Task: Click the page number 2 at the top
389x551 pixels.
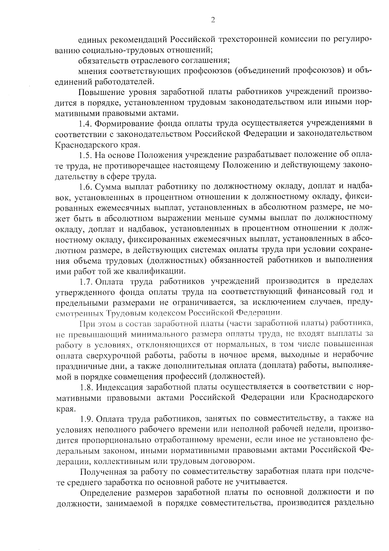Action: click(213, 20)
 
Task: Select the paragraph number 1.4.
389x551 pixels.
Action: click(86, 123)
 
